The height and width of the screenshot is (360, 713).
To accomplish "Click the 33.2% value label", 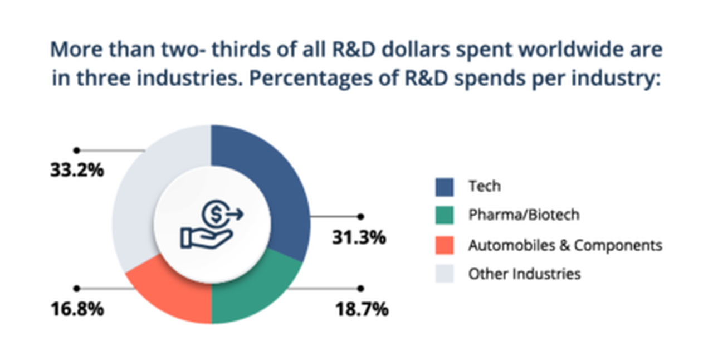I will coord(77,170).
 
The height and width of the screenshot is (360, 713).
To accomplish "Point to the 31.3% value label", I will coord(359,238).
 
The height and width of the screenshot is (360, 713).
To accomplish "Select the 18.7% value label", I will coord(362,309).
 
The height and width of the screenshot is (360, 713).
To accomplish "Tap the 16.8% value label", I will coord(77,309).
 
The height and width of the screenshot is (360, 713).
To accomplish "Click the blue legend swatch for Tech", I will coord(445,187).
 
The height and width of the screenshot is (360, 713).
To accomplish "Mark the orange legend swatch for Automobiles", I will coord(445,245).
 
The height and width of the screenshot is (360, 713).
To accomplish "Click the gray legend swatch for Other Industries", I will coord(445,274).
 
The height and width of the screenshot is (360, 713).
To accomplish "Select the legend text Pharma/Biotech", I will coord(524,215).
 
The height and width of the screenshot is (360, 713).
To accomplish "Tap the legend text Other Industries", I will coord(524,274).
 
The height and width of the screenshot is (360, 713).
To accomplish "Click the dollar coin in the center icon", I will coord(214,212).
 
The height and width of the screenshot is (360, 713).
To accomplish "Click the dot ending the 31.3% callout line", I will coord(361,216).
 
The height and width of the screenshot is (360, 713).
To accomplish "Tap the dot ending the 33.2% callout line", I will coord(77,150).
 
